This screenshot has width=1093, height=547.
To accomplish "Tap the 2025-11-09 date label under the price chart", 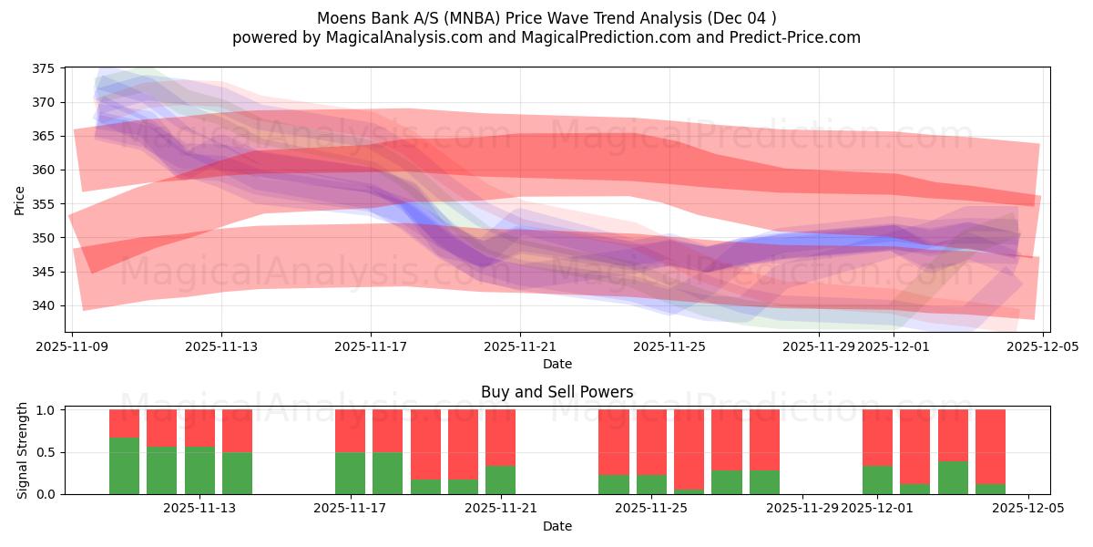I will tap(72, 346).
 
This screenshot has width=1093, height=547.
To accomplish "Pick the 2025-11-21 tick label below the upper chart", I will tap(520, 346).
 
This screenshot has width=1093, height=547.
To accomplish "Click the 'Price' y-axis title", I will tap(20, 200).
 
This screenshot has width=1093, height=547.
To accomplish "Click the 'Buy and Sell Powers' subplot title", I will tap(557, 393).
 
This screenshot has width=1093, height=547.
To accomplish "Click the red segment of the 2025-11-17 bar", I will tap(350, 430).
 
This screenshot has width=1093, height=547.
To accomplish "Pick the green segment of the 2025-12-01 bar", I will tap(877, 480).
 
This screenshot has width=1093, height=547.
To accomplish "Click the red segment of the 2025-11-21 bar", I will tap(500, 438).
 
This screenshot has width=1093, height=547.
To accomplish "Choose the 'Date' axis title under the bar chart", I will tap(557, 526).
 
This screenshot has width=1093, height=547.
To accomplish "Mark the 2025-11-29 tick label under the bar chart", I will tap(802, 508).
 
